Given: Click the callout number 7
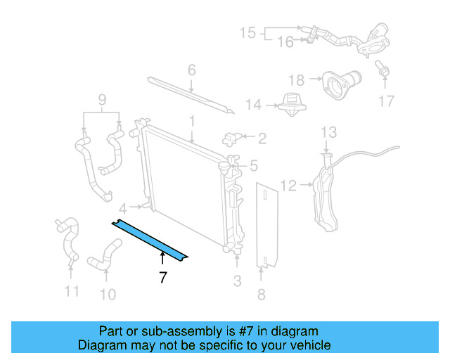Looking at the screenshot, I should (163, 277).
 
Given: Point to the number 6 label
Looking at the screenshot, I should (191, 70).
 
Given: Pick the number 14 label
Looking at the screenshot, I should (254, 105).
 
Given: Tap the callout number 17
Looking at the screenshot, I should (387, 101).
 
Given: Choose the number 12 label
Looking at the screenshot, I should (289, 186).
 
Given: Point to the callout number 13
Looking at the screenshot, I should (329, 132).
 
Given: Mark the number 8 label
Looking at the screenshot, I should (262, 295).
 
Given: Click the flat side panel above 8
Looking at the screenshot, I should (266, 226).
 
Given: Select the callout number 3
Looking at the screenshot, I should (237, 281).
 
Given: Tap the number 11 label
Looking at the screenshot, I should (72, 291).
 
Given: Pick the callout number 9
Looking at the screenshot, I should (103, 100).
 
